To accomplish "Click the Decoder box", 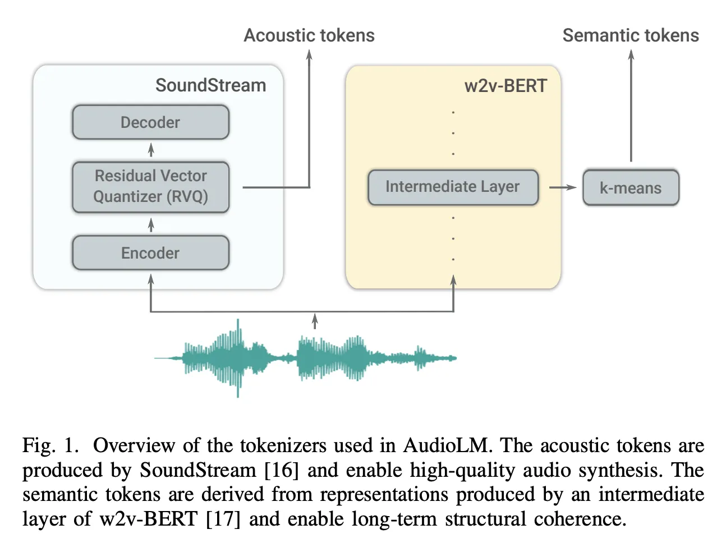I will point(150,122).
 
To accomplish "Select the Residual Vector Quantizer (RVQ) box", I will point(150,187).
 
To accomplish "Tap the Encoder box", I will point(150,253).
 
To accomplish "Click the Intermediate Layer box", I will point(453,187).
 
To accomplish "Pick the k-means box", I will point(631,188).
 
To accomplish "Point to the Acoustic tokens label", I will point(309,35).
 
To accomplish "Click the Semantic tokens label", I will point(631,35).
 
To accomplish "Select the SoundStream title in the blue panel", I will point(210,85).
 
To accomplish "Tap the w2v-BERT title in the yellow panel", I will point(506,86).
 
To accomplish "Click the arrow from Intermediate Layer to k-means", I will point(562,187).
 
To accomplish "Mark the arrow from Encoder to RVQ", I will point(151,225).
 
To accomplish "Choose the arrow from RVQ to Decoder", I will point(151,150).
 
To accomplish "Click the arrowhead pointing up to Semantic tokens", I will point(631,54).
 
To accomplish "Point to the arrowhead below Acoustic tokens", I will point(309,54).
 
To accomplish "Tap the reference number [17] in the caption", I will point(223,519).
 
